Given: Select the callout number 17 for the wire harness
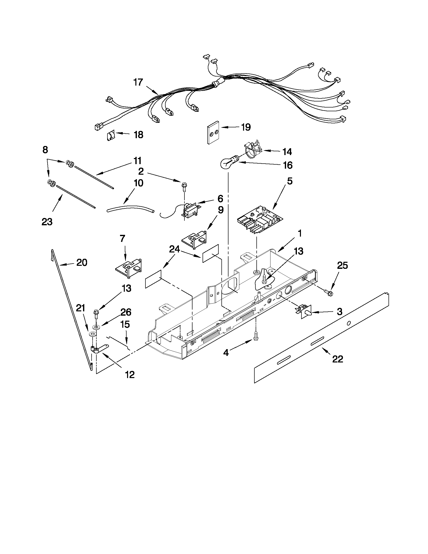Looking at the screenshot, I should coord(138,83).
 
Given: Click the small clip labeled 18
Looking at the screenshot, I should coord(110,136).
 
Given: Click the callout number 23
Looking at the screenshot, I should coord(47,222).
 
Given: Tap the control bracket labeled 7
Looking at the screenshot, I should coord(128,270).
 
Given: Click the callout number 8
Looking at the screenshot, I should coord(45,150).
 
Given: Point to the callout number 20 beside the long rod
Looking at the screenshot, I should coord(82,263).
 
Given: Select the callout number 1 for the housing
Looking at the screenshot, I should coord(300,233).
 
